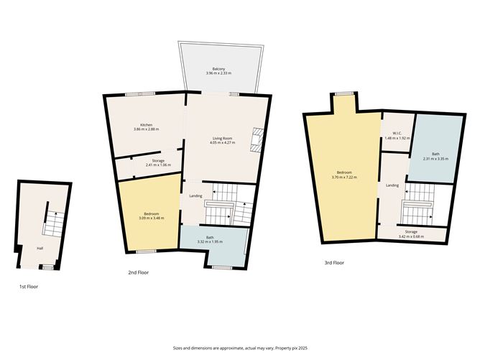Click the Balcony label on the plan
click(220, 68)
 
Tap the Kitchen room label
click(146, 124)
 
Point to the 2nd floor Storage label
click(157, 160)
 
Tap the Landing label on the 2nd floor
click(195, 195)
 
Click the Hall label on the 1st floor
click(41, 249)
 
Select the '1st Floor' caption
click(28, 287)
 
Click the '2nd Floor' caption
click(139, 272)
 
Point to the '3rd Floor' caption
click(334, 263)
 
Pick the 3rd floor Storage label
click(410, 231)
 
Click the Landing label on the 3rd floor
click(392, 185)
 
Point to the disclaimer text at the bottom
click(239, 348)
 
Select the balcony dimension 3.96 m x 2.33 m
click(220, 73)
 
